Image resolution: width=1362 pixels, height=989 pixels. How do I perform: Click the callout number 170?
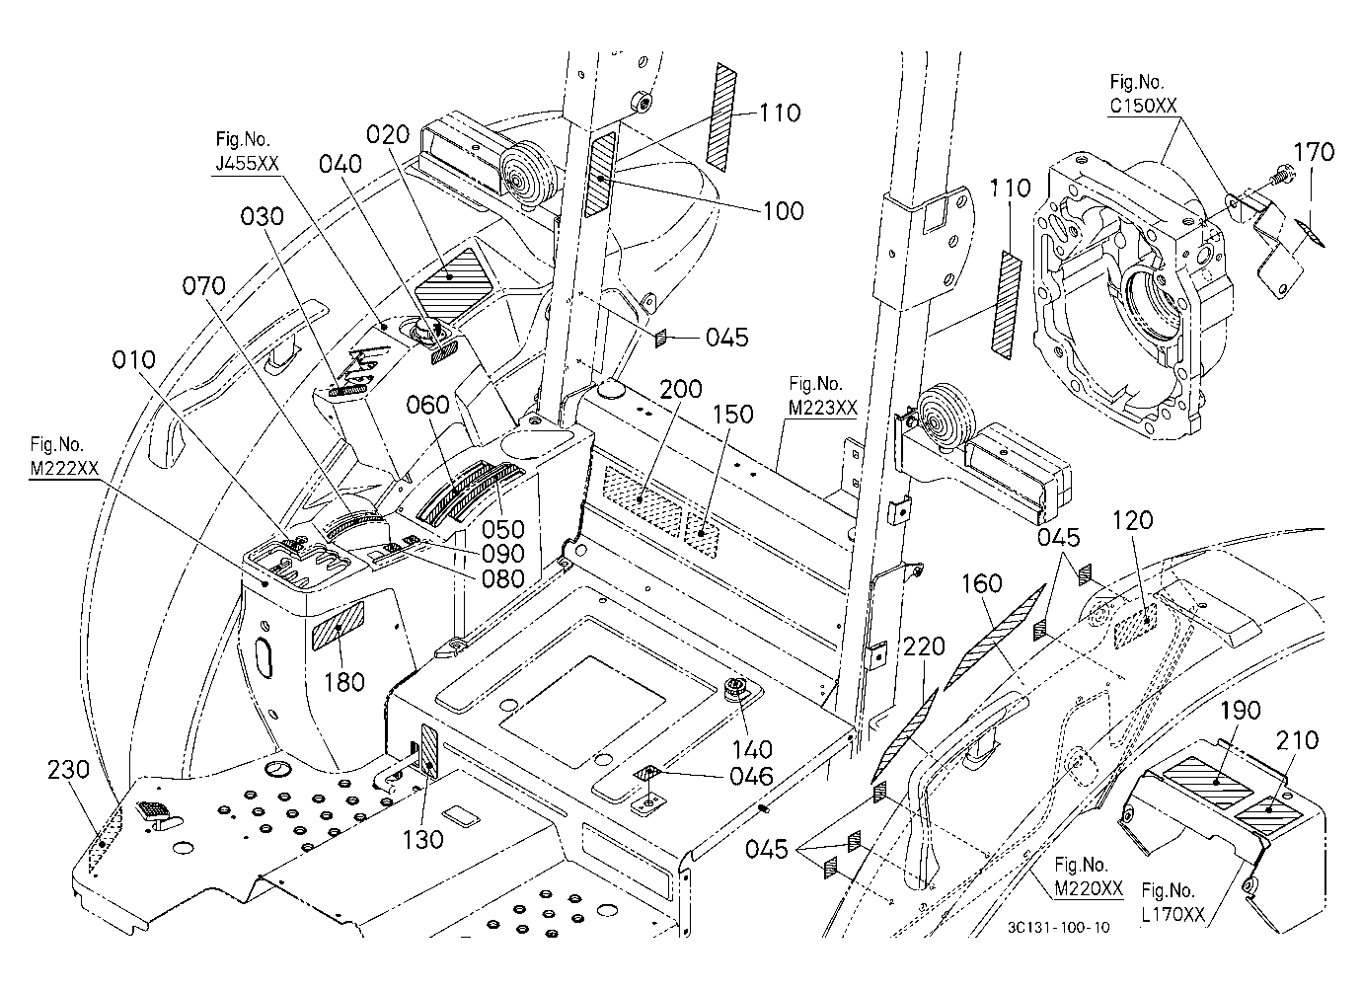click(1314, 151)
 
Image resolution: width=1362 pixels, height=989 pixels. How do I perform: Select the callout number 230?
click(68, 770)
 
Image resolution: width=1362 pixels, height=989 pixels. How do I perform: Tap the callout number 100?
click(784, 210)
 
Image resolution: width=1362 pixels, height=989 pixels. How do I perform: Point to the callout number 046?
click(752, 776)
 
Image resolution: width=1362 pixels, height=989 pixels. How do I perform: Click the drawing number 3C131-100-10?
click(1058, 927)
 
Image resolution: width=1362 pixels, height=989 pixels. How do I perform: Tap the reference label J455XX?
click(247, 163)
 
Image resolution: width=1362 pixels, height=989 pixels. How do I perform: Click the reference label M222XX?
click(64, 467)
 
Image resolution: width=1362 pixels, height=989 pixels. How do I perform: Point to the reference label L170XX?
click(1173, 914)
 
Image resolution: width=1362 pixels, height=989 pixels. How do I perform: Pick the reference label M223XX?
click(823, 407)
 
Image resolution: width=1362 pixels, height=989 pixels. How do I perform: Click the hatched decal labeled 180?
click(339, 626)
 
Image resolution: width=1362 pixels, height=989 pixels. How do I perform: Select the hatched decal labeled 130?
click(430, 750)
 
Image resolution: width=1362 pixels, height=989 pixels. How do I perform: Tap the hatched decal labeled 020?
click(454, 275)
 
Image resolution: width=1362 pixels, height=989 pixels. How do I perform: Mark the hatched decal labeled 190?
click(1207, 782)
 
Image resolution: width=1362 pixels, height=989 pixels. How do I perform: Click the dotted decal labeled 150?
click(702, 535)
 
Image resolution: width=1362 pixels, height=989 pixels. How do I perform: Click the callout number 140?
click(753, 749)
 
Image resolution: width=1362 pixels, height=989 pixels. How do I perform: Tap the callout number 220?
click(924, 647)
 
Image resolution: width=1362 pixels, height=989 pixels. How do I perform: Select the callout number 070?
click(203, 285)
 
